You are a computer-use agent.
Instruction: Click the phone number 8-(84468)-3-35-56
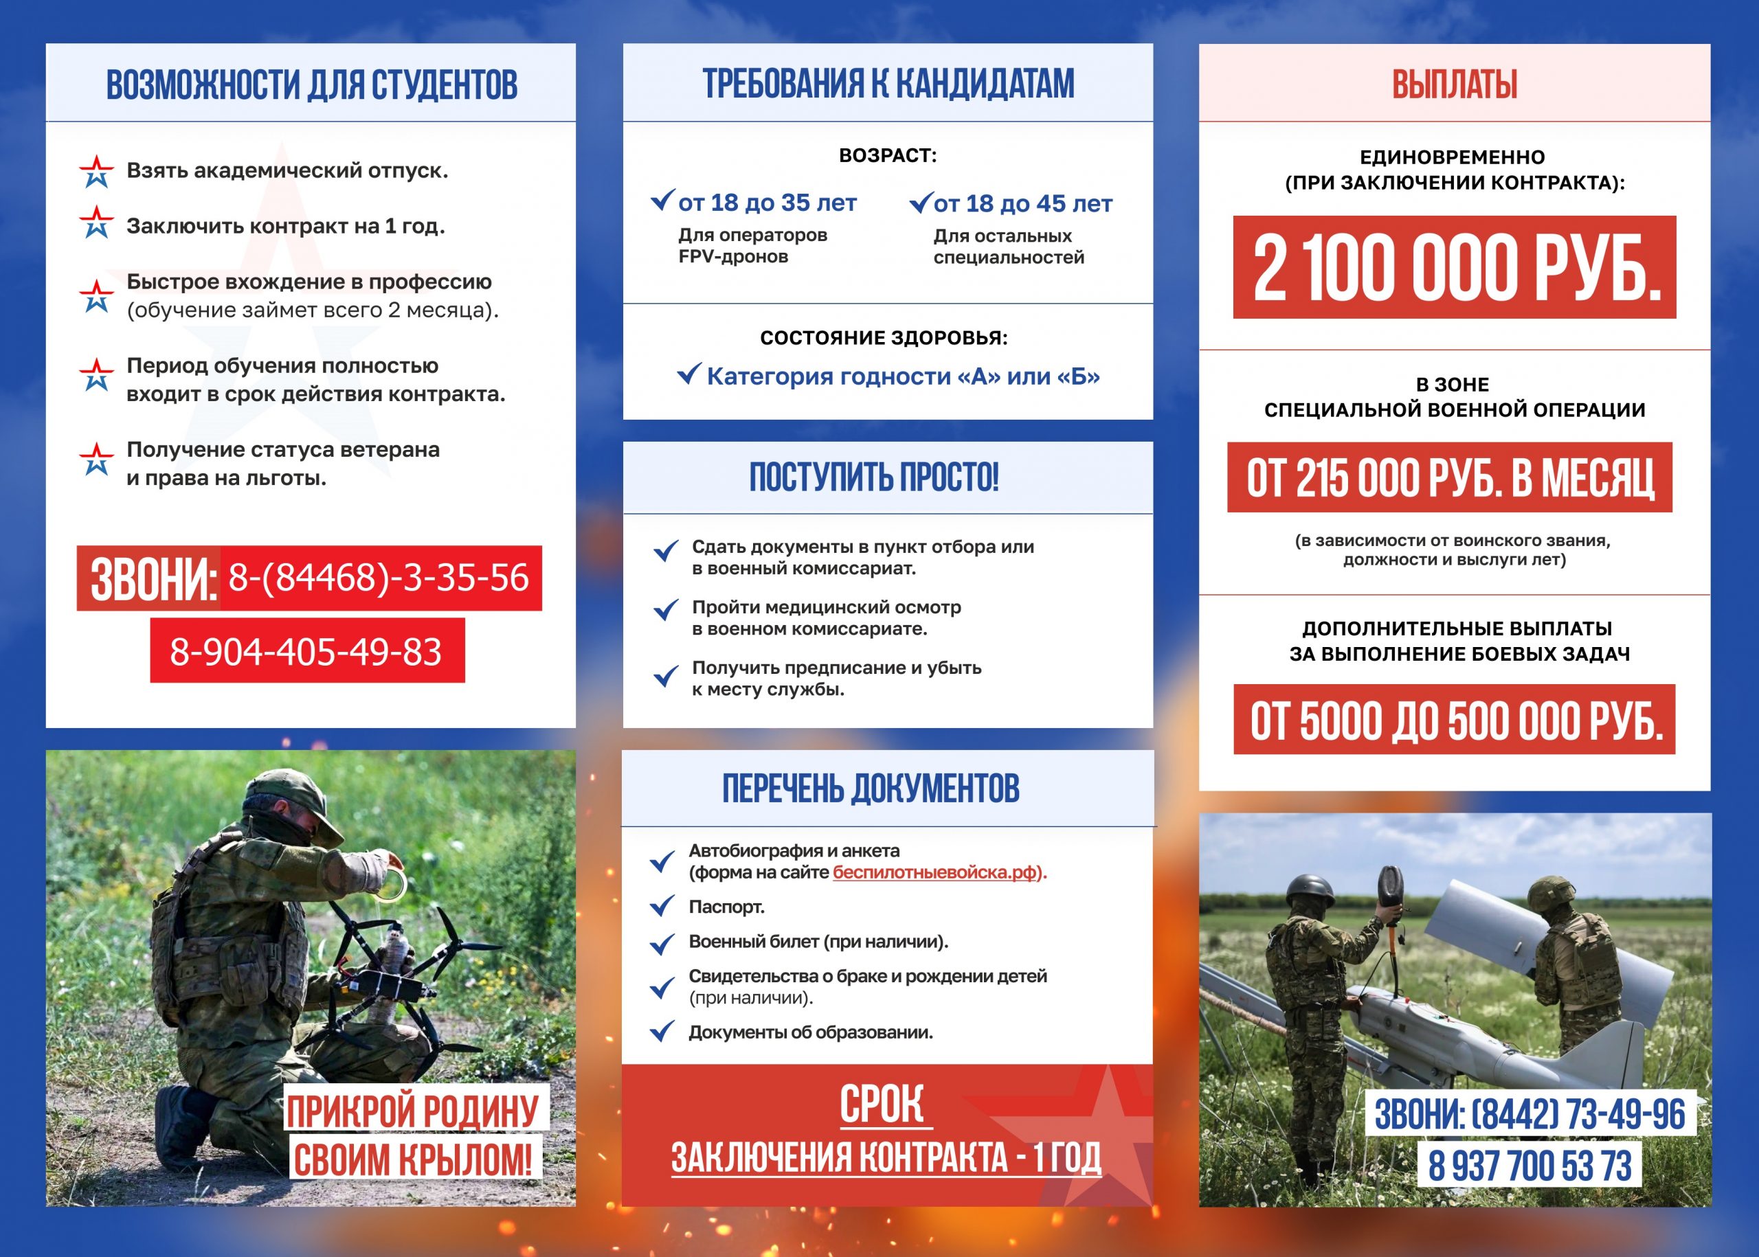(379, 578)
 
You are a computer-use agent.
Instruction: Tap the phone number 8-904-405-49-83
(306, 651)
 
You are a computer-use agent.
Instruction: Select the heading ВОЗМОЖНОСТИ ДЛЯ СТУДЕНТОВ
(311, 84)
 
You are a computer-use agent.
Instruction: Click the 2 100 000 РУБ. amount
(1454, 268)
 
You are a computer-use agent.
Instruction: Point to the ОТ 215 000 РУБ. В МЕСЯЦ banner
(1449, 477)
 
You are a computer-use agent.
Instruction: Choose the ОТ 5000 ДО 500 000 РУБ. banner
(1454, 720)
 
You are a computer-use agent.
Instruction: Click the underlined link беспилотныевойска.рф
(934, 872)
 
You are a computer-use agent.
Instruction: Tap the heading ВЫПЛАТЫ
(1454, 84)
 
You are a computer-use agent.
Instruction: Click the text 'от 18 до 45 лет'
(1022, 203)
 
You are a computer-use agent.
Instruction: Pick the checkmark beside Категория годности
(689, 374)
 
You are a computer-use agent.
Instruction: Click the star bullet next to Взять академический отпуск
(96, 171)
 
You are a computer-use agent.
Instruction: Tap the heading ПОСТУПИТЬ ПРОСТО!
(874, 477)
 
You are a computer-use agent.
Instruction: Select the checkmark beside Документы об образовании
(662, 1032)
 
